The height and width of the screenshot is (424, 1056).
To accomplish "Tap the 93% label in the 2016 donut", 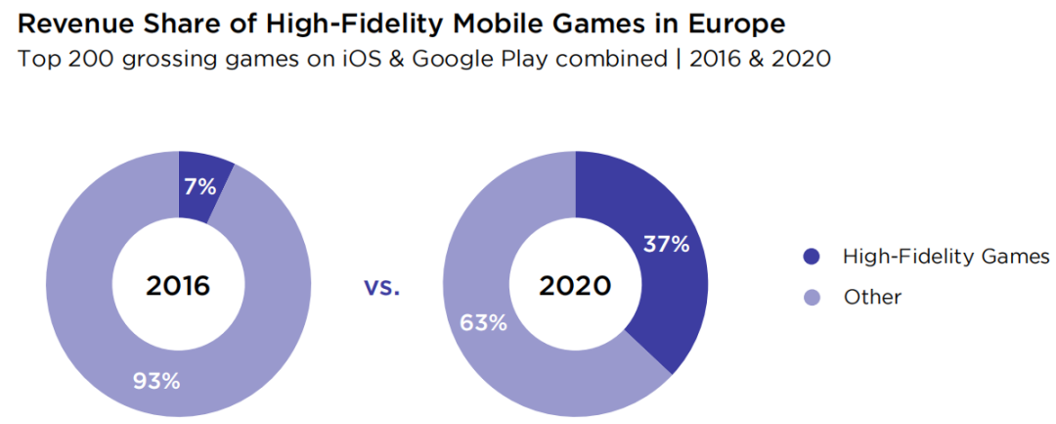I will tap(156, 381).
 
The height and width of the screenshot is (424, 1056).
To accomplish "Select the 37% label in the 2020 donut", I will tap(666, 244).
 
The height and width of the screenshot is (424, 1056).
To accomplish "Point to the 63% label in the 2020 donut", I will tap(483, 322).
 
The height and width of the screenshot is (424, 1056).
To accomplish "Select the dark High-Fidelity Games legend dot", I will tap(810, 258).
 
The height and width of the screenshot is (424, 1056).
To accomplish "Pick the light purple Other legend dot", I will tap(810, 297).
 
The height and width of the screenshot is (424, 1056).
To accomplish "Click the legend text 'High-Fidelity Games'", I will tap(946, 258).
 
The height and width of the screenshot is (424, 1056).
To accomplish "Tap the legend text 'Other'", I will tap(872, 297).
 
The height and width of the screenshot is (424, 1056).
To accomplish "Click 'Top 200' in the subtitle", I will tap(58, 60).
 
